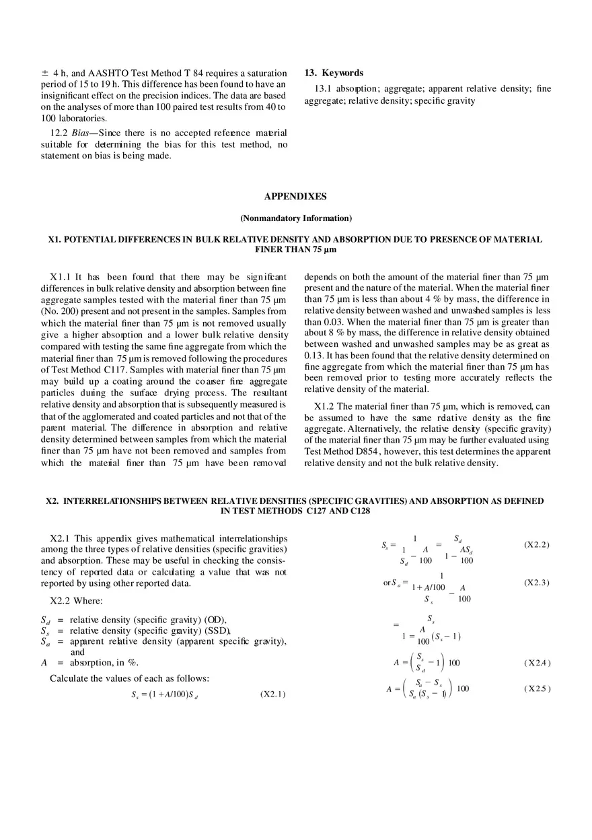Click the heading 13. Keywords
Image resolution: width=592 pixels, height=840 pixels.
pos(334,73)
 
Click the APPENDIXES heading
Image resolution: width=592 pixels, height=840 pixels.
pos(295,197)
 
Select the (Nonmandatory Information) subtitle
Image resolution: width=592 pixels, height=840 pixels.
pos(295,218)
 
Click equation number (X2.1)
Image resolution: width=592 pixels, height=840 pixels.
pos(272,694)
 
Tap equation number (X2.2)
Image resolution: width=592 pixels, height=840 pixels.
pos(536,544)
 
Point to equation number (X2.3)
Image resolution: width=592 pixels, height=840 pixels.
pos(536,583)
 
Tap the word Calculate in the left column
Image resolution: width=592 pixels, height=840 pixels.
pos(69,678)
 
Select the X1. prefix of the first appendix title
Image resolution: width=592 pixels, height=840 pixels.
pos(54,239)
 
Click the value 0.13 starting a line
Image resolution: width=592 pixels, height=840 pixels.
pos(314,355)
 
